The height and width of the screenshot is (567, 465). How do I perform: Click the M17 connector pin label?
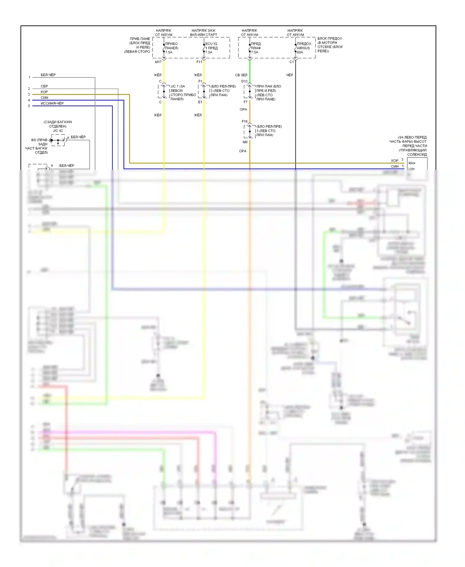[158, 62]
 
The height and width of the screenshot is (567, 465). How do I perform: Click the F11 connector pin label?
[199, 62]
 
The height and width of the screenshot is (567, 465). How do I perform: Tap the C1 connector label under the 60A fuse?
[291, 62]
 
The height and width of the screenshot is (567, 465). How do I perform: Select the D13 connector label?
[245, 81]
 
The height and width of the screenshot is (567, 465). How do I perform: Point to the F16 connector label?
[245, 121]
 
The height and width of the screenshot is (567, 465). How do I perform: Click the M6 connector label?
[245, 142]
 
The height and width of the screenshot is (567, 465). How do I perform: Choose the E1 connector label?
[200, 102]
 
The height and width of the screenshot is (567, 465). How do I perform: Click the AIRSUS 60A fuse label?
[303, 48]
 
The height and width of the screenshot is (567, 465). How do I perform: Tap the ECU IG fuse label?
[211, 44]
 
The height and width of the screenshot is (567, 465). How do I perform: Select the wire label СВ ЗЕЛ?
[241, 75]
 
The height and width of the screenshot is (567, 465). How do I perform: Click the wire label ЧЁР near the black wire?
[290, 75]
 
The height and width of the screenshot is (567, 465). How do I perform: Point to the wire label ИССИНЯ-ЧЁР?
[52, 103]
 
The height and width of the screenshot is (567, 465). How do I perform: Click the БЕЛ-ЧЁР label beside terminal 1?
[48, 75]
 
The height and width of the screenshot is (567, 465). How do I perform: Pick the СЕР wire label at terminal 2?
[44, 86]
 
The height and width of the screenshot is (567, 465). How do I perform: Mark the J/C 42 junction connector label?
[58, 131]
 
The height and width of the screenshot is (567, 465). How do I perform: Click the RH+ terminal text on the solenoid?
[412, 163]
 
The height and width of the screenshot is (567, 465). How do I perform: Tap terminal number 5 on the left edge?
[29, 106]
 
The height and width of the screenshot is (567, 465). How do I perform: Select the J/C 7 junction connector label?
[178, 87]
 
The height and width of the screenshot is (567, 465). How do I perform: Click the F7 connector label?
[246, 102]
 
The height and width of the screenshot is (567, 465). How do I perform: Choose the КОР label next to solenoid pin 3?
[395, 161]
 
